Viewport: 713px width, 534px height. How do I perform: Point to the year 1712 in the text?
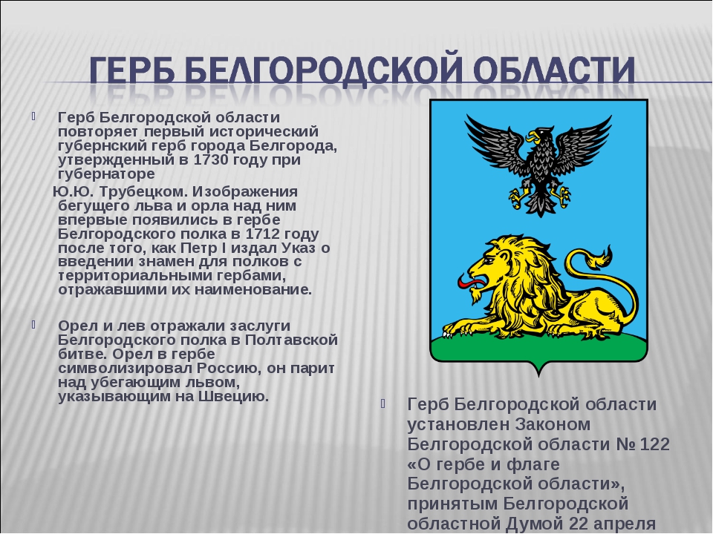tap(262, 234)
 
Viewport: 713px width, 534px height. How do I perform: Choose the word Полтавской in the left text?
tap(291, 340)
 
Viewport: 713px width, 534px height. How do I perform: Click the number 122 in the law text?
tap(654, 444)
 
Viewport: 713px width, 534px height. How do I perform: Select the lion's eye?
tap(489, 261)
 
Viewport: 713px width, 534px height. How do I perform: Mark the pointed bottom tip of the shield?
tap(539, 375)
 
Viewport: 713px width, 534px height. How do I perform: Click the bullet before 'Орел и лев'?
tap(33, 325)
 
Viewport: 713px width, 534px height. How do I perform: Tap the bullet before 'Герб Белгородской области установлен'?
tap(383, 403)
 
